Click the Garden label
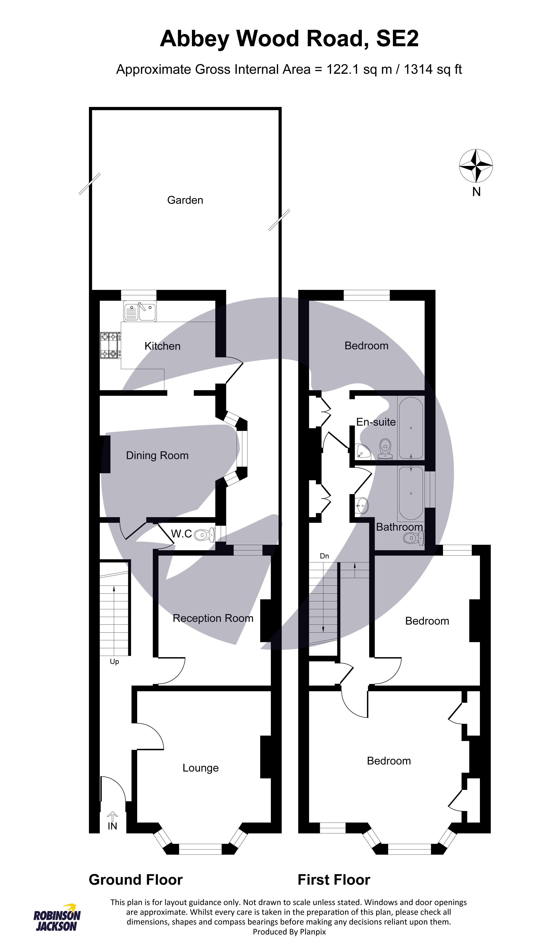tap(185, 200)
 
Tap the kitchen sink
tap(140, 311)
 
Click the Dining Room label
tap(157, 455)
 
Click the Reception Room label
tap(213, 618)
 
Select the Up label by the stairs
tap(114, 661)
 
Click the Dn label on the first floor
tap(324, 556)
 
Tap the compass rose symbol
tap(476, 165)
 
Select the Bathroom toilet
tap(413, 538)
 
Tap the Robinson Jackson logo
tap(57, 919)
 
